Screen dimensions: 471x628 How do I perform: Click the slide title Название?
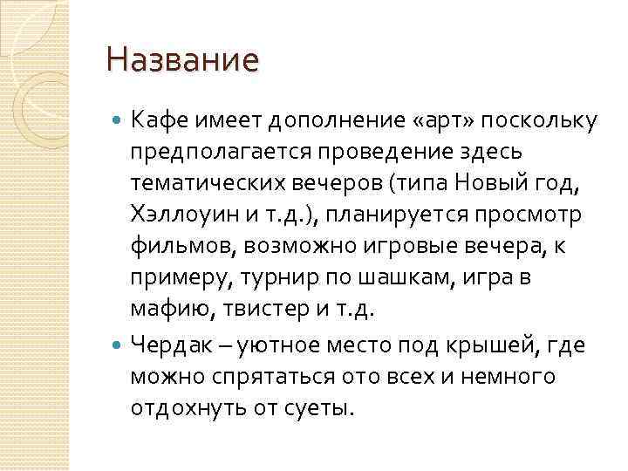182,61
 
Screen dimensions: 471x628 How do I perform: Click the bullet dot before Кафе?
119,119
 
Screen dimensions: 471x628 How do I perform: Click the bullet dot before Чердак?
119,345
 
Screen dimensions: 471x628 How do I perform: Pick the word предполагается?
225,150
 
